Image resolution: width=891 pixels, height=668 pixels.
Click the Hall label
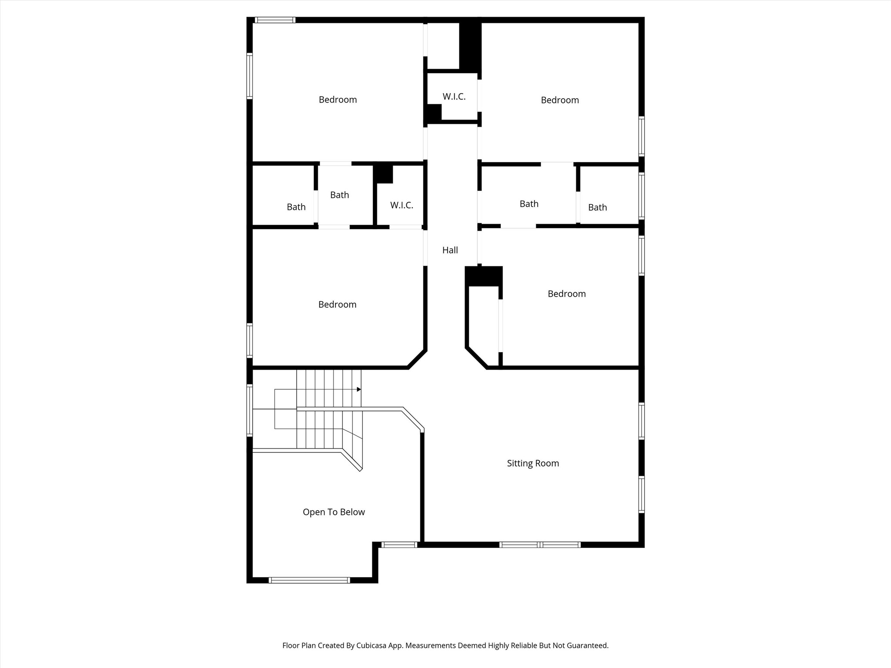coord(450,250)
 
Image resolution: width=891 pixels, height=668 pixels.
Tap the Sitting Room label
coord(533,463)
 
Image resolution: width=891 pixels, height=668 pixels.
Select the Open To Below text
coord(334,512)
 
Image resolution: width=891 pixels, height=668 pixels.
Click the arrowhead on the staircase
coord(359,389)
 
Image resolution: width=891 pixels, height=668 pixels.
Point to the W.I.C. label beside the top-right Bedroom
coord(454,97)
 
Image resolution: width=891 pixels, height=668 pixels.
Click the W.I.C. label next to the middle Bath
coord(401,205)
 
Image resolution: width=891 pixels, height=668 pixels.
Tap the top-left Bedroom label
coord(338,100)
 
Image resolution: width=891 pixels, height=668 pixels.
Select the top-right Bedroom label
coord(559,100)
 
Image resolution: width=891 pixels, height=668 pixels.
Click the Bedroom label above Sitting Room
coord(566,294)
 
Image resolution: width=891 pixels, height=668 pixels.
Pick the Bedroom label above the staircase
coord(337,304)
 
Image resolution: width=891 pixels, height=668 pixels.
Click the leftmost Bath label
coord(296,207)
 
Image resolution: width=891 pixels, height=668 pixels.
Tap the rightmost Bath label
coord(597,207)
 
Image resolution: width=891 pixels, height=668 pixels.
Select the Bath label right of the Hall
coord(529,204)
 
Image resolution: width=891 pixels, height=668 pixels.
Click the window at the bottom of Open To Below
coord(309,580)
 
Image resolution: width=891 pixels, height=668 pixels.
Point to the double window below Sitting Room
coord(539,544)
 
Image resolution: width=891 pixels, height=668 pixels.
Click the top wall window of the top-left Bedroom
coord(275,20)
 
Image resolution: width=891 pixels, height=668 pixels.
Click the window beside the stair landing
coord(250,410)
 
